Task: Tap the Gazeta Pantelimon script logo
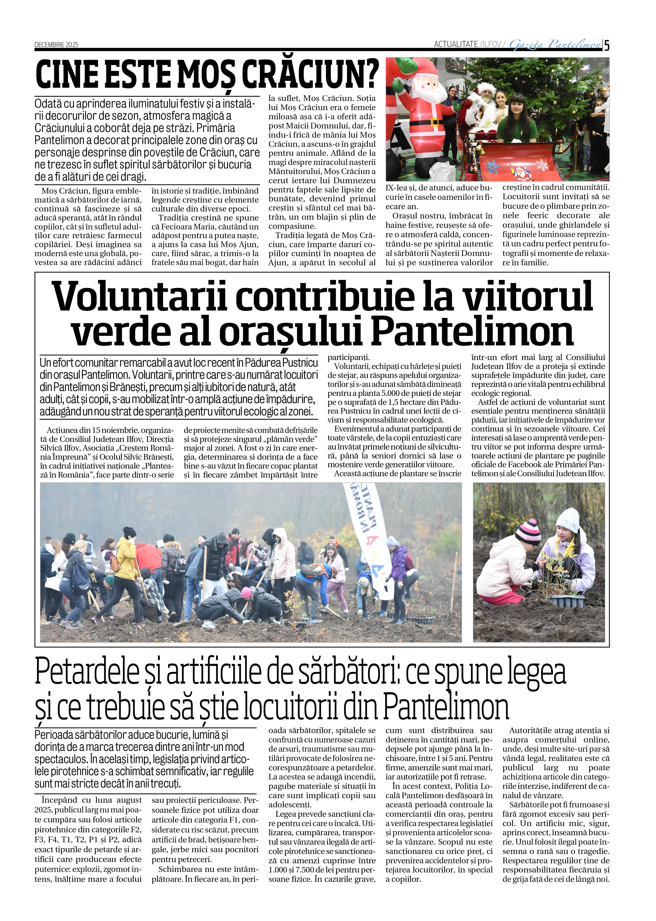pyautogui.click(x=555, y=44)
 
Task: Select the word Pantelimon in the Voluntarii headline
pyautogui.click(x=472, y=332)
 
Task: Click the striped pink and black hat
pyautogui.click(x=528, y=531)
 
